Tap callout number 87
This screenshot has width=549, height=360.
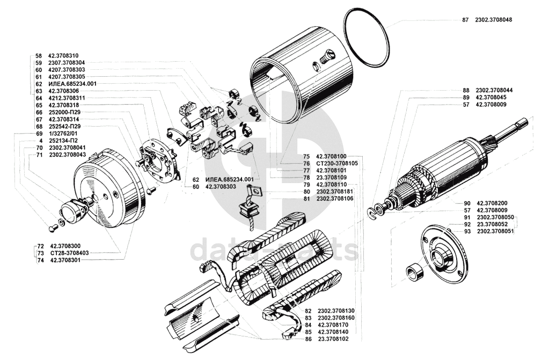[x=465, y=20]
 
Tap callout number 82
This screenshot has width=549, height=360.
[x=308, y=311]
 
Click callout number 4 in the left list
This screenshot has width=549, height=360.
[x=38, y=140]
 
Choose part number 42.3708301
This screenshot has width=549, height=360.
[x=67, y=260]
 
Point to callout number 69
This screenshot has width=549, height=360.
[x=38, y=133]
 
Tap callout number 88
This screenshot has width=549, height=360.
[x=465, y=90]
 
